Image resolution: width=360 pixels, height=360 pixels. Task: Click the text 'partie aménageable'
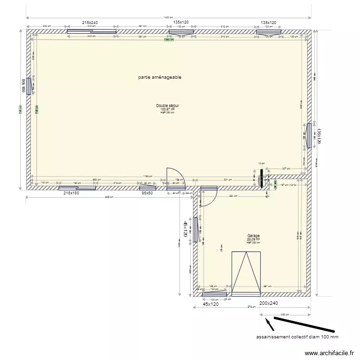coord(159,77)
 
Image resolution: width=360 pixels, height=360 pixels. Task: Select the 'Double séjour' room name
coord(168,106)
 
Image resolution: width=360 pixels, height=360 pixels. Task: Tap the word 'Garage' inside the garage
coord(253,236)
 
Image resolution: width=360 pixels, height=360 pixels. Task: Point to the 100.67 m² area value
coord(168,109)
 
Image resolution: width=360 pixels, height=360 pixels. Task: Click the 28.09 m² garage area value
coord(253,240)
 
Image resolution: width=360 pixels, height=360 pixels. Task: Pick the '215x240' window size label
coord(90,23)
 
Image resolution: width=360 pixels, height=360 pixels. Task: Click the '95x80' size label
coord(147,193)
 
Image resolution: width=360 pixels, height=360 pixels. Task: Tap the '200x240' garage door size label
coord(269,303)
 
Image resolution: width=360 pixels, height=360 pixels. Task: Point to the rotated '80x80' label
coord(22,86)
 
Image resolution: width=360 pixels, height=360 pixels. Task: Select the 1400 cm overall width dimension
coord(168,18)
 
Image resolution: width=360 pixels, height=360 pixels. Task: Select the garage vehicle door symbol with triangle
coord(246,274)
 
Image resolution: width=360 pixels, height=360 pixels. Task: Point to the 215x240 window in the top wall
coord(92,32)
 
